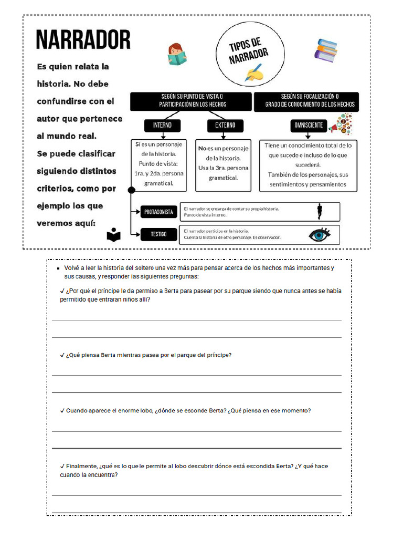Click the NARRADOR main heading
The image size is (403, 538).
[83, 40]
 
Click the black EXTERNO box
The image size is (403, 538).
[225, 126]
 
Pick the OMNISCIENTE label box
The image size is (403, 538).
[308, 126]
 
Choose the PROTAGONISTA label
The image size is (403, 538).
[158, 212]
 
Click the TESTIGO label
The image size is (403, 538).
[158, 234]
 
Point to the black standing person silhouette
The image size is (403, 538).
[319, 211]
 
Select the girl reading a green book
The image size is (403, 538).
[177, 54]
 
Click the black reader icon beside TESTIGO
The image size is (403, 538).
[113, 235]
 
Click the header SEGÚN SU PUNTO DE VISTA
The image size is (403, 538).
[192, 100]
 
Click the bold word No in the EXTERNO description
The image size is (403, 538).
[203, 149]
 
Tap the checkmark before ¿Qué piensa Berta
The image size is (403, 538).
[62, 355]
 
